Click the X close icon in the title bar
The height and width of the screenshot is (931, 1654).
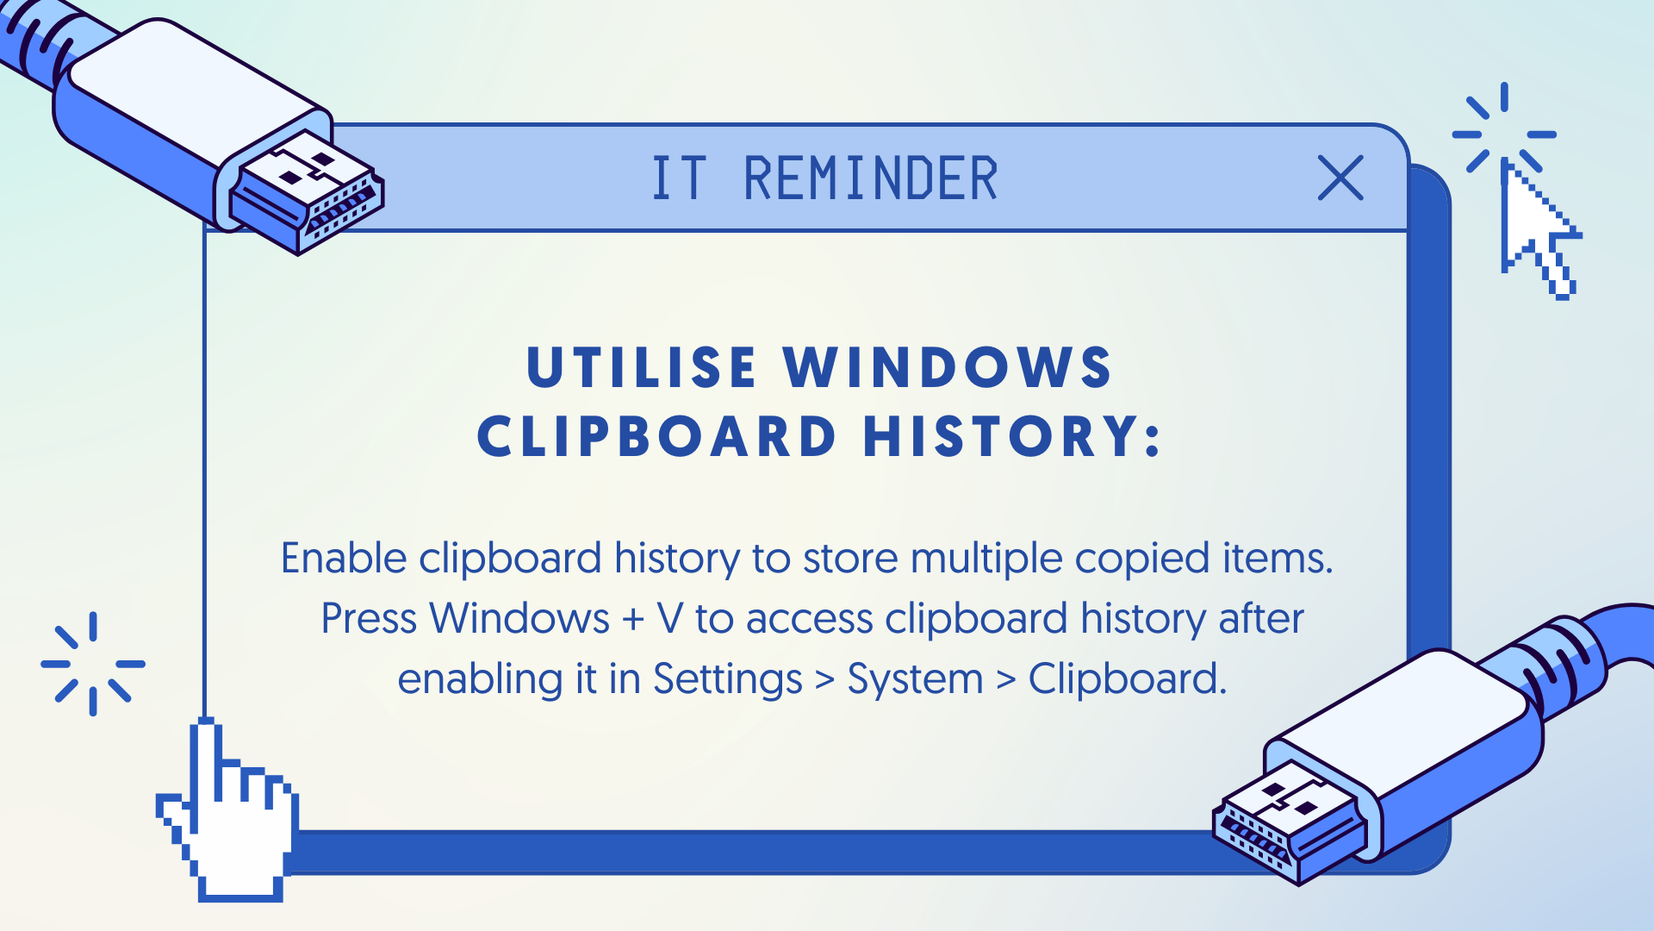click(x=1340, y=178)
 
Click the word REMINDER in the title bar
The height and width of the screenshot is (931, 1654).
click(x=870, y=179)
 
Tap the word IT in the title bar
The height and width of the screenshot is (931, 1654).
click(x=680, y=179)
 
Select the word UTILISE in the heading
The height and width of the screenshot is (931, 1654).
click(x=641, y=368)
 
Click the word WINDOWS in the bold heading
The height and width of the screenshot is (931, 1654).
click(x=948, y=368)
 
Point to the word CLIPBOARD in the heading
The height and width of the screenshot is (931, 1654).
click(x=656, y=436)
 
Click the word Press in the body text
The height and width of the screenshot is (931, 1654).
click(x=369, y=619)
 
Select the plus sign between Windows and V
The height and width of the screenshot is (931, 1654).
click(x=633, y=620)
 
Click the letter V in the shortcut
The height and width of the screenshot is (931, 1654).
click(x=670, y=619)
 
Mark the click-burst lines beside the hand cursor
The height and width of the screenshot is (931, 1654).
click(x=93, y=664)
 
